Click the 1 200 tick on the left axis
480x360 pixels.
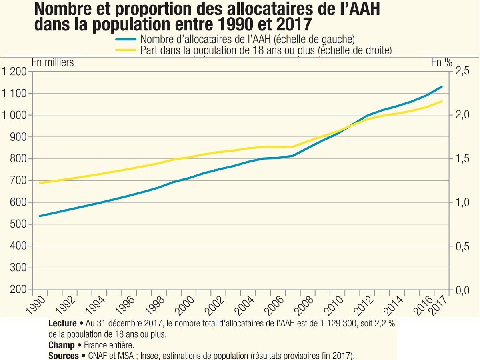tap(14, 72)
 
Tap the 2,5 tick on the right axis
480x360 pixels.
tap(461, 72)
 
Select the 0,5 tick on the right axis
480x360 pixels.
tap(461, 246)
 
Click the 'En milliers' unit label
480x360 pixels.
tap(52, 62)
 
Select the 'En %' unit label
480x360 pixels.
tap(441, 62)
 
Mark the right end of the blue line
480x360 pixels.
tap(442, 87)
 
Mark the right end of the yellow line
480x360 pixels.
tap(442, 101)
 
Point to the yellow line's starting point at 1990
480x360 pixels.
tap(39, 183)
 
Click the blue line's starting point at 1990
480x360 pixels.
tap(39, 216)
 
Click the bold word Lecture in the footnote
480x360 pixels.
tap(62, 324)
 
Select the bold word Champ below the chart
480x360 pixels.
tap(61, 345)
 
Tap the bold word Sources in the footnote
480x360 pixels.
tap(63, 356)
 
